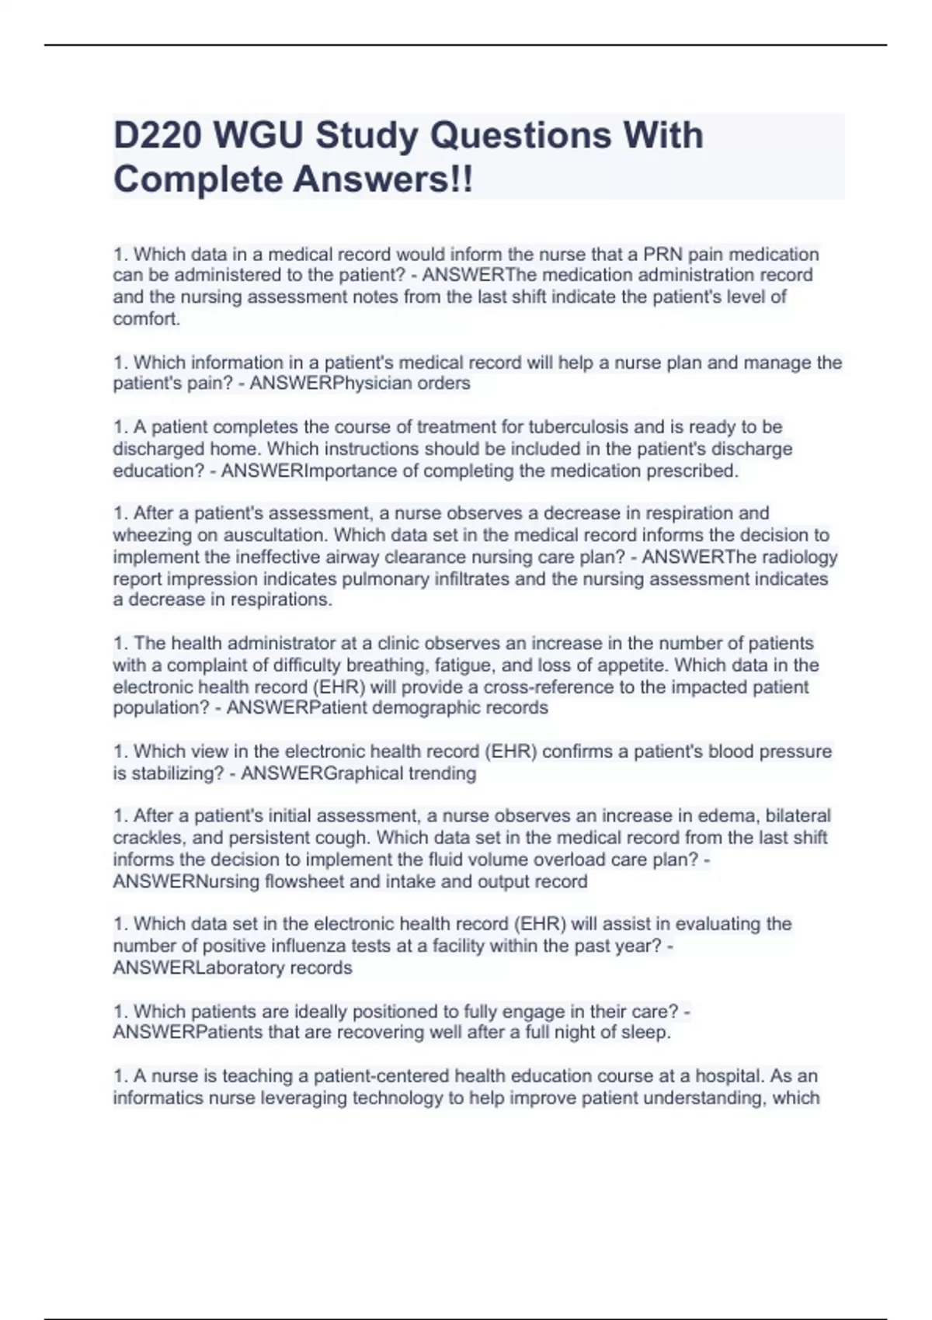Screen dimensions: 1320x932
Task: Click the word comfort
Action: (146, 319)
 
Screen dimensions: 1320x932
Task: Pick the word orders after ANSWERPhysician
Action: (443, 384)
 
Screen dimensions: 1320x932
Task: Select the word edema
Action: (732, 816)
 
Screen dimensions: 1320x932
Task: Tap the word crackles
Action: (147, 838)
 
